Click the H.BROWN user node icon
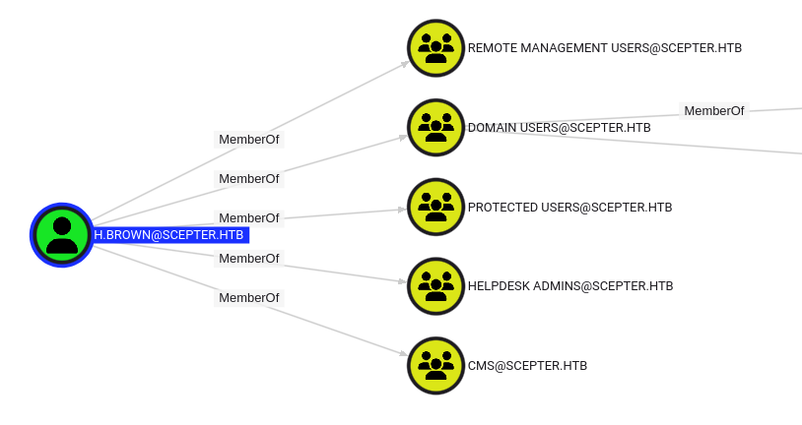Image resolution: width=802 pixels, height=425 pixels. pos(61,235)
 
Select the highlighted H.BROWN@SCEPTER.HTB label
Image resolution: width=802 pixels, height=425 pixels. pos(168,235)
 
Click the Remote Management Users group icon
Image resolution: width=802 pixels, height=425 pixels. pos(435,47)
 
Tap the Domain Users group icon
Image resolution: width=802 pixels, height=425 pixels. pos(435,127)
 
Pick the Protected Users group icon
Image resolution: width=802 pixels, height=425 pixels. pos(435,207)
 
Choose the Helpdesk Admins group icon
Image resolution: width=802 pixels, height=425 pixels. pos(435,286)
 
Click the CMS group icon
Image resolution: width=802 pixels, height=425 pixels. pos(435,365)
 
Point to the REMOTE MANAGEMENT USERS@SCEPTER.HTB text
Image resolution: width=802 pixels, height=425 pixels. pos(605,47)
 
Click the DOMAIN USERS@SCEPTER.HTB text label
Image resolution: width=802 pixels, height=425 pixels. pos(559,128)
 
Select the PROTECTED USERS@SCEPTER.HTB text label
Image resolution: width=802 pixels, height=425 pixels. pos(569,208)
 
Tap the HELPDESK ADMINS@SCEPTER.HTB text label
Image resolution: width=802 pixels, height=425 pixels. pos(570,286)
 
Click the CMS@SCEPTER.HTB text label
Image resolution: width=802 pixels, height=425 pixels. pos(527,366)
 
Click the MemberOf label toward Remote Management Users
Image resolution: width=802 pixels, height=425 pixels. pos(248,140)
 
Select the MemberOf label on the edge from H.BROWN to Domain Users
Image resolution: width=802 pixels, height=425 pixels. pos(248,179)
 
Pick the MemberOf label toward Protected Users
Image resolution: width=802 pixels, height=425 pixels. pos(248,217)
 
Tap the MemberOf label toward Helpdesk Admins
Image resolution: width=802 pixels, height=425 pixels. pos(248,258)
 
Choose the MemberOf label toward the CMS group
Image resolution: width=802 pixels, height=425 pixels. pos(248,297)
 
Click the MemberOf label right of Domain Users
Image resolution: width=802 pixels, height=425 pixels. pos(713,111)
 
